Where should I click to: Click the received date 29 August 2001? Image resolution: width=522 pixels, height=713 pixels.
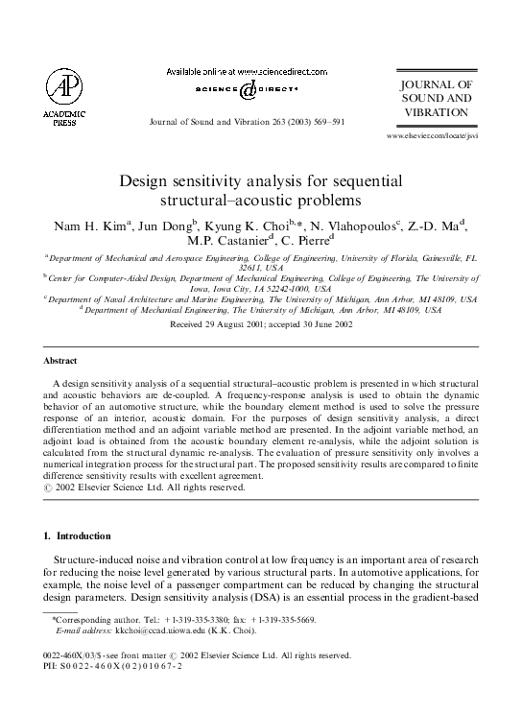pyautogui.click(x=230, y=326)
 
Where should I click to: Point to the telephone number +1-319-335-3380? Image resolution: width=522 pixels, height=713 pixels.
pyautogui.click(x=210, y=621)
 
